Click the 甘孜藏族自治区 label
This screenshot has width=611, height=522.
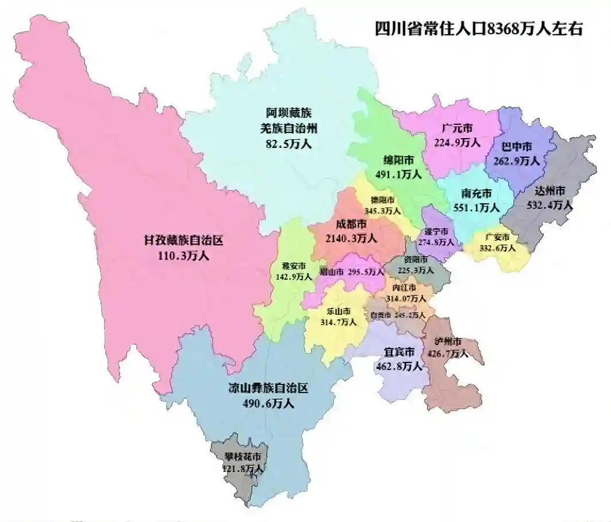[x=183, y=241]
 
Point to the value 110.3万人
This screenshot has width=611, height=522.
[x=183, y=255]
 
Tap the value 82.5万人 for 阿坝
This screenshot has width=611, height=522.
[x=288, y=144]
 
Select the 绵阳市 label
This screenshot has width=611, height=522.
[x=399, y=159]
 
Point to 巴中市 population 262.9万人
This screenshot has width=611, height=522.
[x=519, y=161]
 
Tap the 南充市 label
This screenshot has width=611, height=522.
[x=476, y=193]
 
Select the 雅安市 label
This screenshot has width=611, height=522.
[x=294, y=265]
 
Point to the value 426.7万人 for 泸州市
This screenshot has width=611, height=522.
[x=449, y=353]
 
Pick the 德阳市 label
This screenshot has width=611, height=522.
[x=382, y=200]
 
